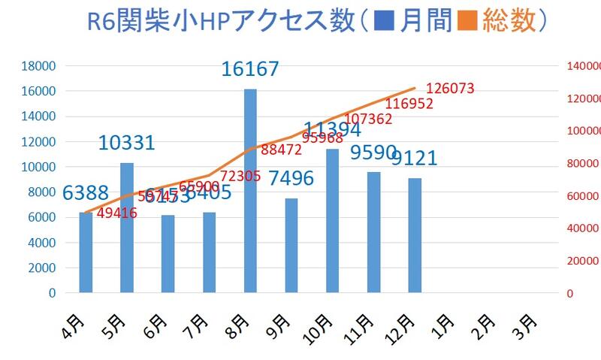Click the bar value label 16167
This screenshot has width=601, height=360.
250,69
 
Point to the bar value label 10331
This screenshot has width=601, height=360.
126,143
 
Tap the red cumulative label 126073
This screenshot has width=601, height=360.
450,89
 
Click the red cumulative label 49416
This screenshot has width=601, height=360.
137,213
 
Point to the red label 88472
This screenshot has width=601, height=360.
282,150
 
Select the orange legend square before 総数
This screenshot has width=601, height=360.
468,22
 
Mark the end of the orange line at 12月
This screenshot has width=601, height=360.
415,89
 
